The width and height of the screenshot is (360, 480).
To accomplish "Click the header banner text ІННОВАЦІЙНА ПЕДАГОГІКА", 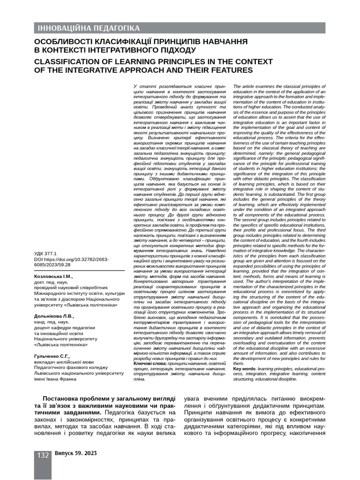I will (89, 28).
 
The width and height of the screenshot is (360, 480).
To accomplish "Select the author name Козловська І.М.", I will (54, 277).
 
